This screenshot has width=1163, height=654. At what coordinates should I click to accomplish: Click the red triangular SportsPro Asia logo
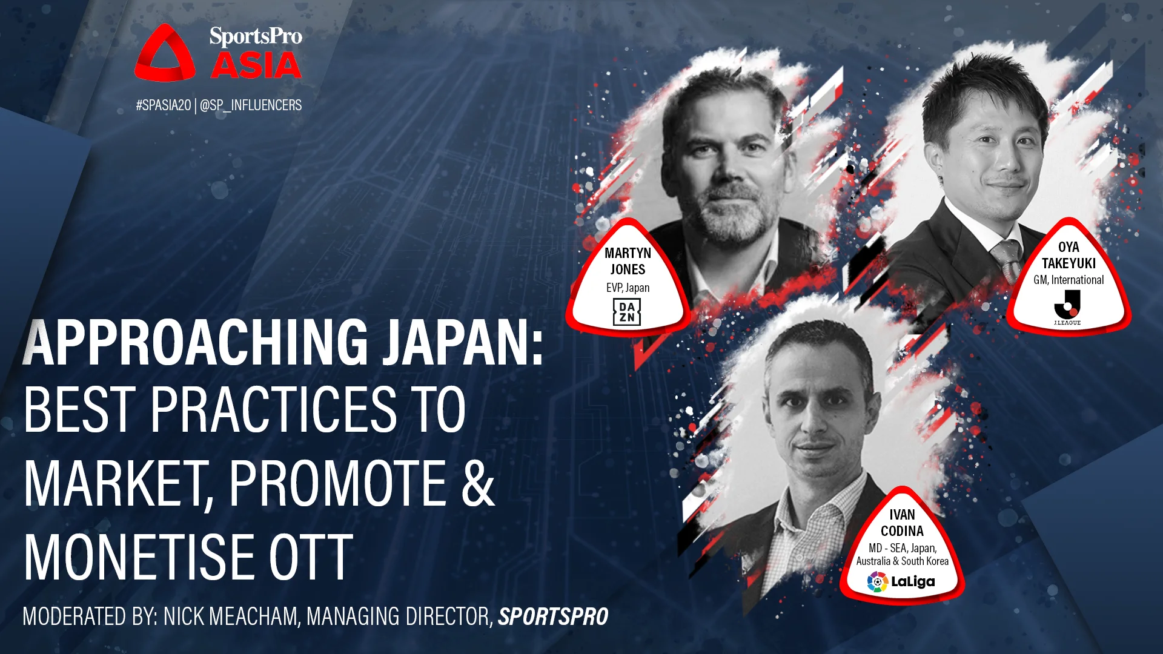[x=165, y=54]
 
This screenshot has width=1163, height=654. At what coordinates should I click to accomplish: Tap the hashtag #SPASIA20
[x=163, y=105]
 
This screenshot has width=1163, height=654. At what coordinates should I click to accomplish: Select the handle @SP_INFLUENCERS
[x=251, y=105]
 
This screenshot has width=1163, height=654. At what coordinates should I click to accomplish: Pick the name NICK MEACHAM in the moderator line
[x=231, y=616]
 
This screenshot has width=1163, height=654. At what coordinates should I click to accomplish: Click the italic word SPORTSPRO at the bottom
[x=553, y=616]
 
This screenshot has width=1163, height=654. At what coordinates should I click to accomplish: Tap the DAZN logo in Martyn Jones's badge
[x=626, y=312]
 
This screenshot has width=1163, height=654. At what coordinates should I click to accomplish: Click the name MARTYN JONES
[x=628, y=261]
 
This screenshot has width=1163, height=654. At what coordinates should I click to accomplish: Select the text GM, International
[x=1069, y=280]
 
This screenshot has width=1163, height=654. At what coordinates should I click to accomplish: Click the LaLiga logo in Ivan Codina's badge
[x=901, y=581]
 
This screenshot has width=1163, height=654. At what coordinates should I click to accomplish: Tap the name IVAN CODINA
[x=902, y=523]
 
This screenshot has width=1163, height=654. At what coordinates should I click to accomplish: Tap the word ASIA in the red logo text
[x=256, y=65]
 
